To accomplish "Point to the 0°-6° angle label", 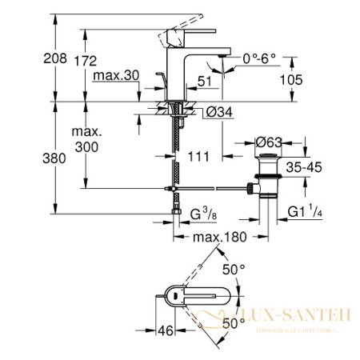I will (258, 57).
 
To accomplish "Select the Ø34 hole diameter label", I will (218, 113).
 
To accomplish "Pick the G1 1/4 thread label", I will (306, 214).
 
